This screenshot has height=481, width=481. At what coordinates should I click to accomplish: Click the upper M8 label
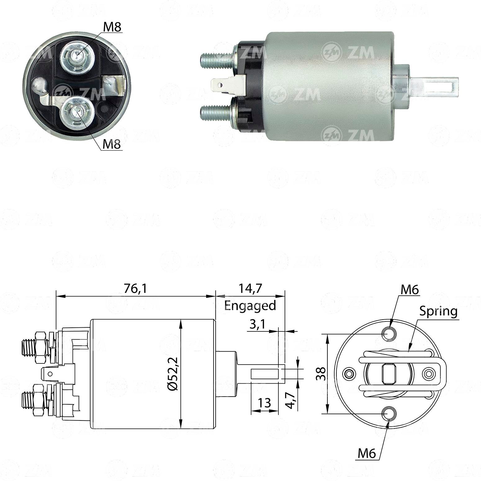coord(112,27)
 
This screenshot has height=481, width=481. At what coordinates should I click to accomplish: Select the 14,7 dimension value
coord(250,289)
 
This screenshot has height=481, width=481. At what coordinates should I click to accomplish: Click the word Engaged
coord(250,306)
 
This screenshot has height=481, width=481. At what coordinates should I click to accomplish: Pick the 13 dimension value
coord(264,403)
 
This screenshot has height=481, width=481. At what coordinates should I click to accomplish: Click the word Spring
coord(438,311)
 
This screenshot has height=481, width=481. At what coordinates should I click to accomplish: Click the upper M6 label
coord(410,290)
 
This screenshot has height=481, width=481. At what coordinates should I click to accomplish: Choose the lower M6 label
coord(367,454)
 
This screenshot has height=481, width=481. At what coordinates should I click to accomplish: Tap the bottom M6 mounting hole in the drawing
coord(389,413)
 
